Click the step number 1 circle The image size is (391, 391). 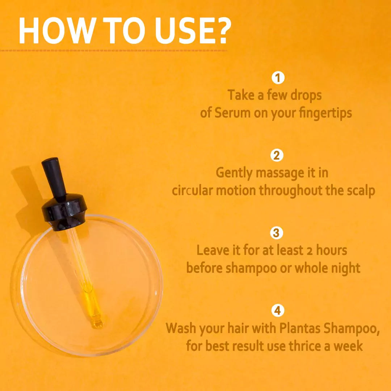click(278, 77)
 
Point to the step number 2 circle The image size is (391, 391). click(277, 155)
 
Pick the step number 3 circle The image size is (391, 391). click(277, 233)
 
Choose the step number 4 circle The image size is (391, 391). click(278, 311)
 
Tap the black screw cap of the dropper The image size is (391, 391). click(64, 212)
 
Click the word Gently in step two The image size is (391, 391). click(234, 173)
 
